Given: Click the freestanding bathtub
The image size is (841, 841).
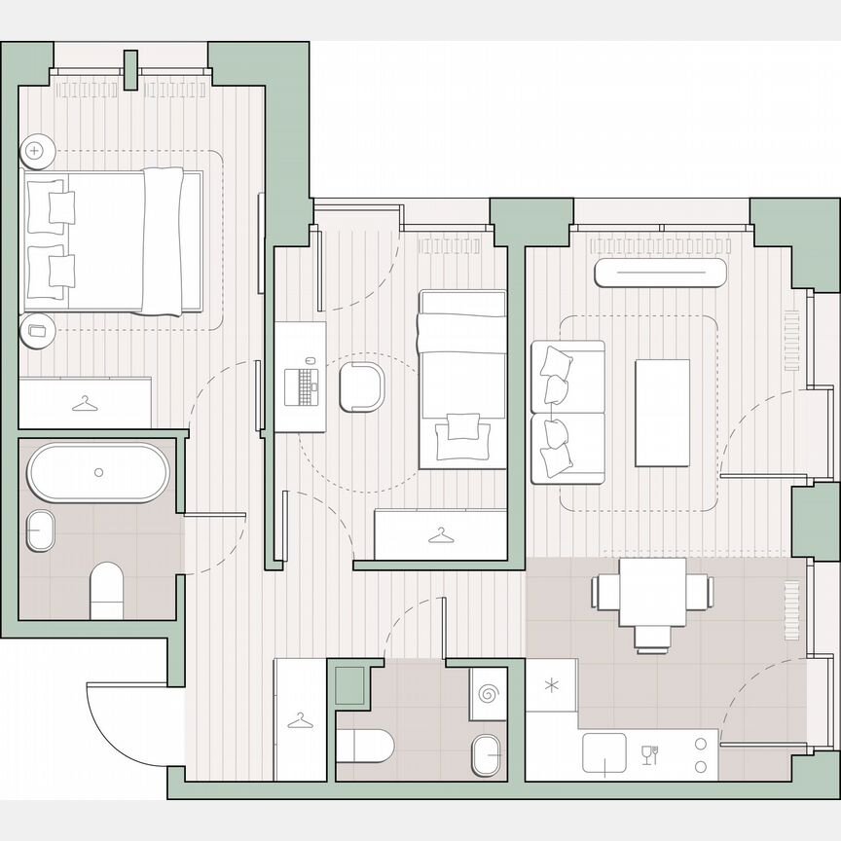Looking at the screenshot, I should tap(97, 472).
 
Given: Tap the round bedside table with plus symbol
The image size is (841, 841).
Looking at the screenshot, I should tap(37, 150).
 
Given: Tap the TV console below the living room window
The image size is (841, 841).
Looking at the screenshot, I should tap(661, 273).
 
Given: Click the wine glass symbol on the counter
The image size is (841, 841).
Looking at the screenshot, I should tap(650, 753).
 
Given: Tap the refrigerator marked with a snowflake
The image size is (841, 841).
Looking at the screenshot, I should tap(551, 685).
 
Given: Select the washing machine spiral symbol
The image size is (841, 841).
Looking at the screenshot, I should tap(489, 694).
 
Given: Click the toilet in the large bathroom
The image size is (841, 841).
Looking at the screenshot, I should tap(107, 592).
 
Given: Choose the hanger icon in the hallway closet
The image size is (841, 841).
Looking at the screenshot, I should tap(299, 720).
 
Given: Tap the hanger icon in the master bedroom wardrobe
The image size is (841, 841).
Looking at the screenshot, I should tap(86, 401).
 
